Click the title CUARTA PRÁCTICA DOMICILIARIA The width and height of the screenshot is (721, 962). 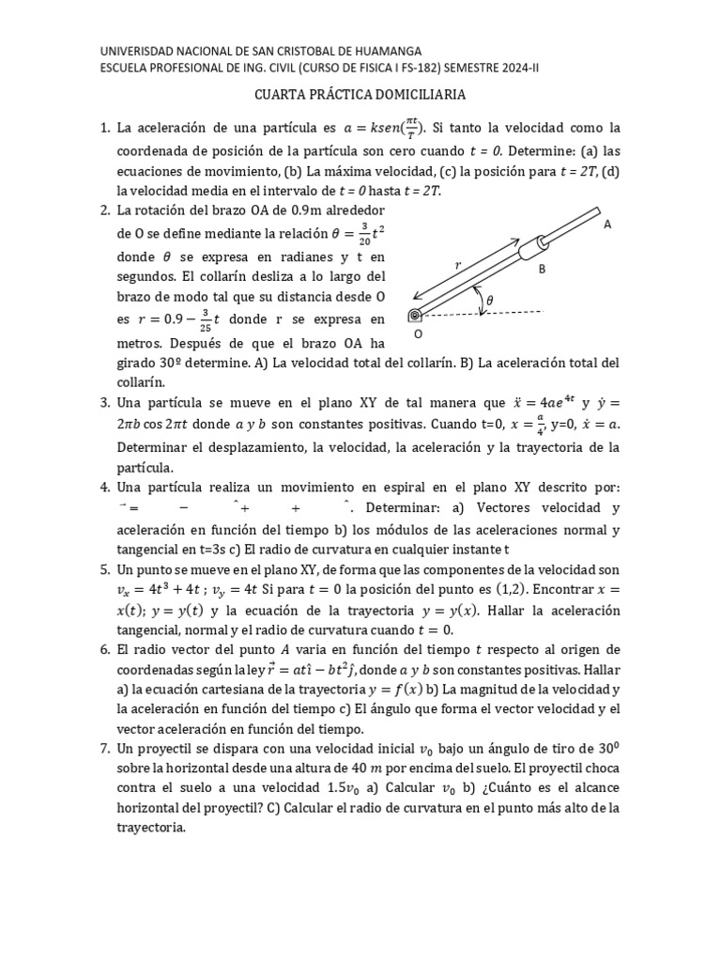click(360, 95)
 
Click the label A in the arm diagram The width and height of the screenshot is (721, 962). click(607, 225)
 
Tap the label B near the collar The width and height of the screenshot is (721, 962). click(542, 269)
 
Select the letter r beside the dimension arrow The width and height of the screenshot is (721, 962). click(459, 266)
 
